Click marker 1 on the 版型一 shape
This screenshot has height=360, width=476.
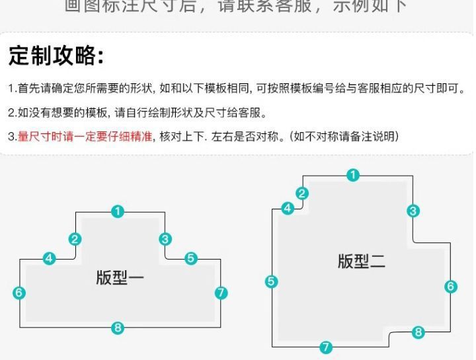[118, 211]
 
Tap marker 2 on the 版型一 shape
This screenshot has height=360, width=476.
[75, 239]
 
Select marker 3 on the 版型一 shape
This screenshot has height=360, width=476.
[165, 239]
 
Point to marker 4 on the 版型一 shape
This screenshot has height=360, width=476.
[49, 258]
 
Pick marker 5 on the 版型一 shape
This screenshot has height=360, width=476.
[191, 258]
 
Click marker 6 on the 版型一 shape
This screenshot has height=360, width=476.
[19, 292]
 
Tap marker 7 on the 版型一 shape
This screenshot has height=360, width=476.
[221, 292]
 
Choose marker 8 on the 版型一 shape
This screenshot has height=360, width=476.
[118, 327]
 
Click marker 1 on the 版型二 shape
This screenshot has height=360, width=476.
[354, 175]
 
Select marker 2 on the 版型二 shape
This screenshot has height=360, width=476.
[302, 194]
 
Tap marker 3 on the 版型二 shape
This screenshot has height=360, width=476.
[413, 211]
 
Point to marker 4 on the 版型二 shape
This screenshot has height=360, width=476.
[288, 209]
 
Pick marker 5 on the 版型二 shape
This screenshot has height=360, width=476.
[272, 281]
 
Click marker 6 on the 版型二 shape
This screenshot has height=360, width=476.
[451, 286]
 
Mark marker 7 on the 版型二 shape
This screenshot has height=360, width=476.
[326, 347]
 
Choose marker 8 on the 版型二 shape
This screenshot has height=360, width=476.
[418, 332]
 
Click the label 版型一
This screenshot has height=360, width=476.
[120, 277]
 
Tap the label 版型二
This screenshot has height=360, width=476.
[362, 261]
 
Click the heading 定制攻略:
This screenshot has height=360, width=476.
[56, 56]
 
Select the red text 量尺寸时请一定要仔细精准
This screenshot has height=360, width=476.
[85, 137]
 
